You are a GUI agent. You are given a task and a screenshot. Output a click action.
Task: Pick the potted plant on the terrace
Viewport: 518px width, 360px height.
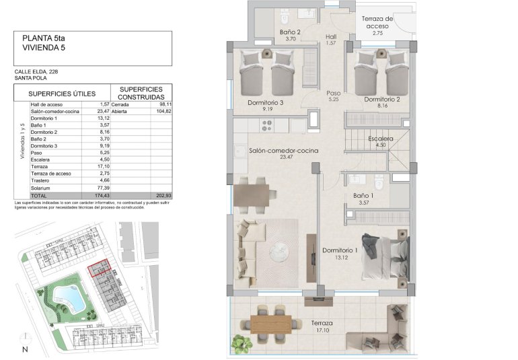[242, 343]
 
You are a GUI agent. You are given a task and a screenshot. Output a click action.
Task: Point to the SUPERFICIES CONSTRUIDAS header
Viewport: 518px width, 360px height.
[142, 94]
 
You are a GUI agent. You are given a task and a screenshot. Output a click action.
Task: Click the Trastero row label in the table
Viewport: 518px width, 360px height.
[42, 180]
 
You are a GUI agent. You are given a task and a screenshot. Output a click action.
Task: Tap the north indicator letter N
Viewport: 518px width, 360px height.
[25, 349]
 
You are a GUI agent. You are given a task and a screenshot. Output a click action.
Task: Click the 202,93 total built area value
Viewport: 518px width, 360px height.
[162, 194]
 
